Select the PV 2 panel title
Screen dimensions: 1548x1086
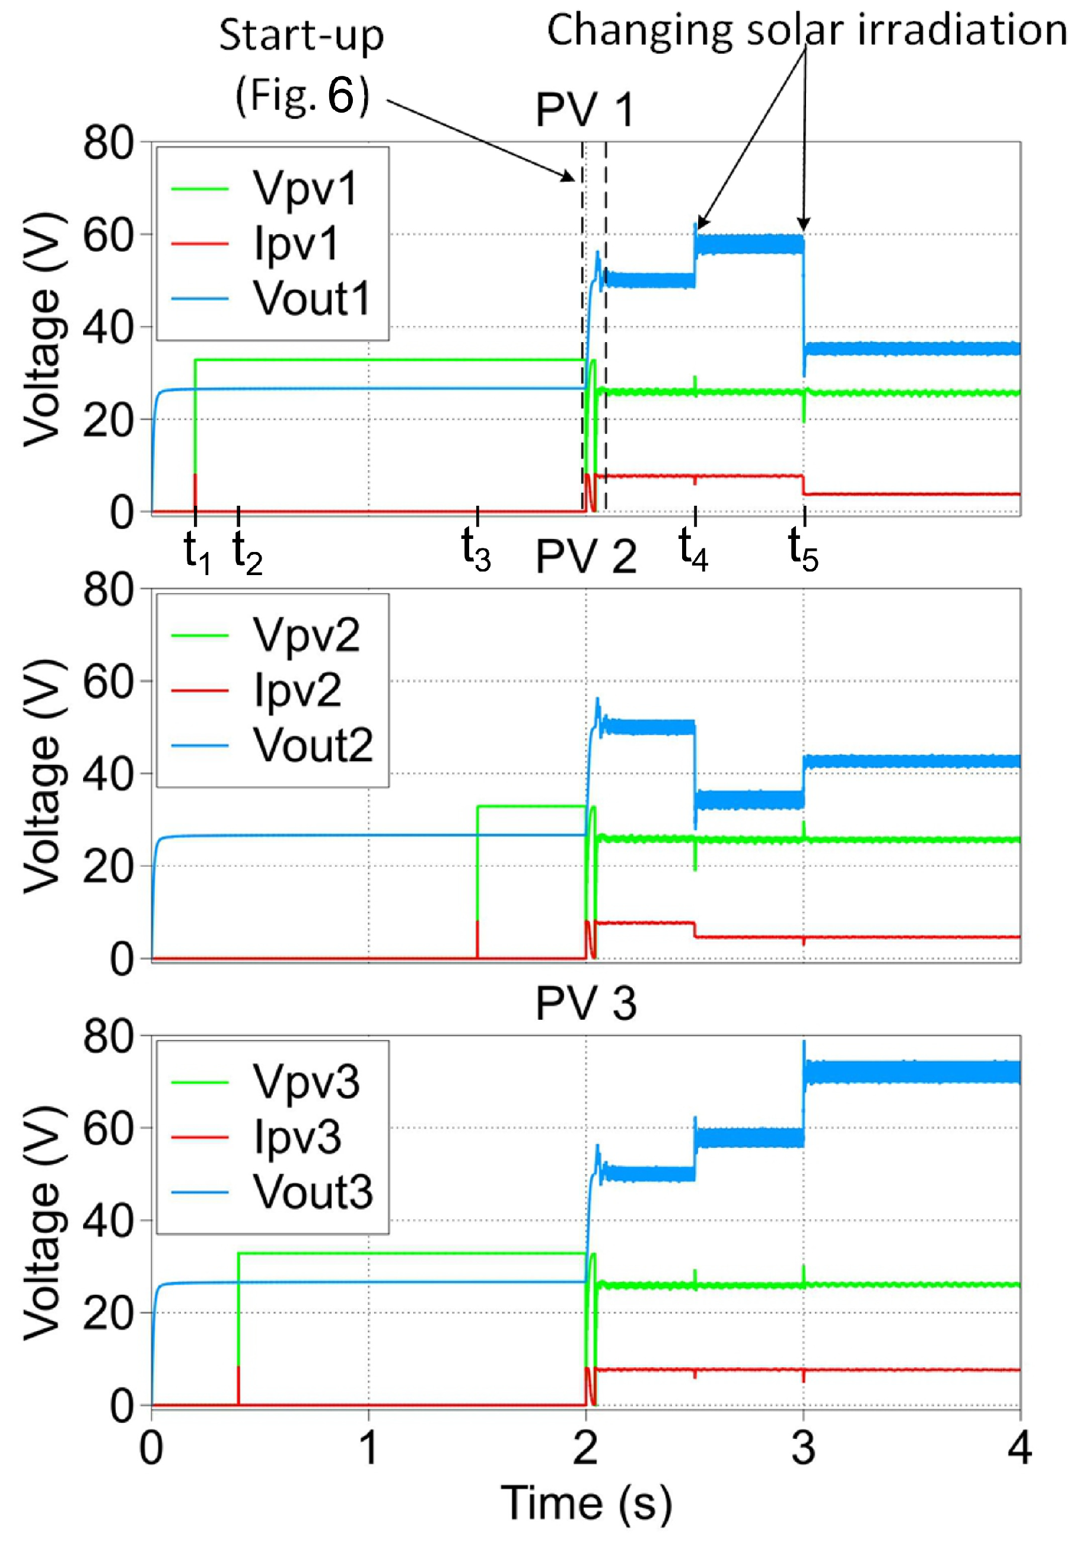[x=585, y=557]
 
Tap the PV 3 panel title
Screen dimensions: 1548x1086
[x=585, y=1003]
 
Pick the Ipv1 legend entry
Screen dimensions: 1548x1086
[x=295, y=244]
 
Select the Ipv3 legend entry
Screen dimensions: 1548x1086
[x=297, y=1137]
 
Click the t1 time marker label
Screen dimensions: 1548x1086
[x=198, y=551]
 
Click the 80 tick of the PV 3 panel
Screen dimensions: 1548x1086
[x=108, y=1037]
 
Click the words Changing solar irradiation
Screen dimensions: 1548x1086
[x=807, y=31]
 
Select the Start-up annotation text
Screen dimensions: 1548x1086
[x=301, y=35]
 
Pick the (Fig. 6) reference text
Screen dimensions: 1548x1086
[x=302, y=95]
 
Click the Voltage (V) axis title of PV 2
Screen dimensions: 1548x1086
[x=44, y=775]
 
